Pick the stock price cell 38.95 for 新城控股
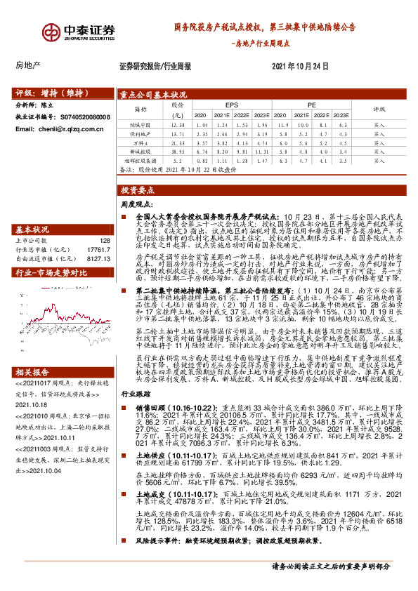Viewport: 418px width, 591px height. (x=177, y=150)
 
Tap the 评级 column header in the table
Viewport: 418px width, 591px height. (x=379, y=109)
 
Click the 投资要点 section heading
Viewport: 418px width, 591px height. (x=137, y=190)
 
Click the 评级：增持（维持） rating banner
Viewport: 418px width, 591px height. (x=47, y=93)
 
